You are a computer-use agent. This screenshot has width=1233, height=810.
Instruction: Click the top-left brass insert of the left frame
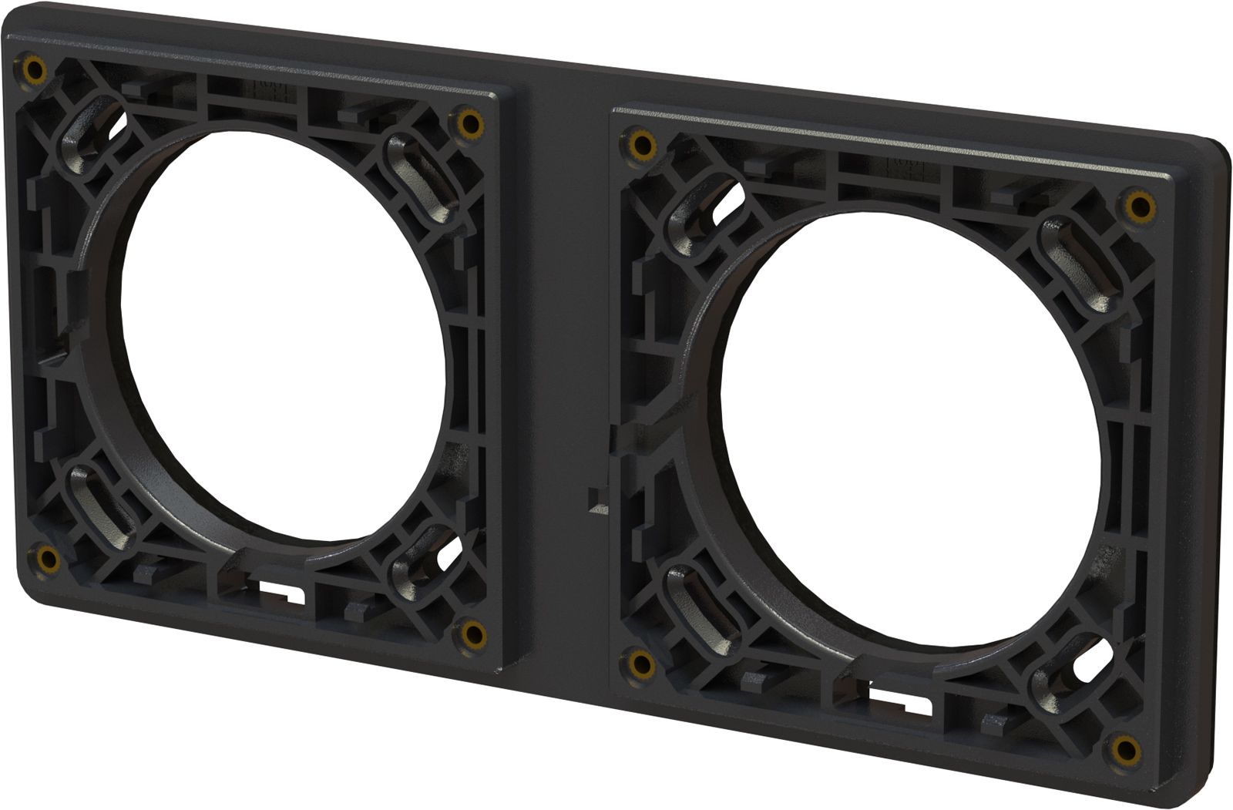[34, 71]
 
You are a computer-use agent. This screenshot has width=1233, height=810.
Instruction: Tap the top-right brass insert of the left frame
[468, 121]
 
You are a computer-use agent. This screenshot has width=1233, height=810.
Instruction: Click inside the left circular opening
[281, 331]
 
